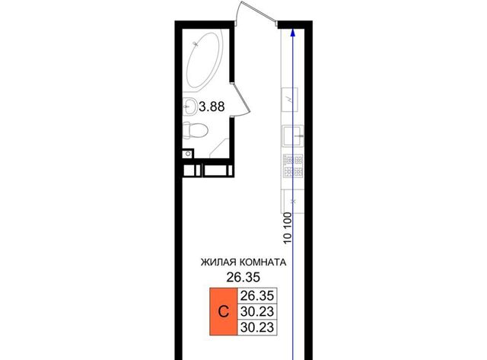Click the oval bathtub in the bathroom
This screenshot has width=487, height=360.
[205, 59]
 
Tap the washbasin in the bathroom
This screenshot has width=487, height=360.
[189, 107]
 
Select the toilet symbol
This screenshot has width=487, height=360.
[195, 130]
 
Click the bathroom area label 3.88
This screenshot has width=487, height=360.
[212, 107]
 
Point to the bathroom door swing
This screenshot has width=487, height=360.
[241, 100]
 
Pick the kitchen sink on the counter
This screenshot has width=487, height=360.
[293, 135]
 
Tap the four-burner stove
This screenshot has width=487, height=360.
[293, 166]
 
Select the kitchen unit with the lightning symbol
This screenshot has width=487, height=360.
[290, 100]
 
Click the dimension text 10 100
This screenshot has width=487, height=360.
[288, 228]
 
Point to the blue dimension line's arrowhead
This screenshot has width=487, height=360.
[292, 33]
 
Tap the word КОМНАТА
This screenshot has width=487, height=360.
[262, 263]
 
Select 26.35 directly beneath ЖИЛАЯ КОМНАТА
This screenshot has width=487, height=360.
[243, 277]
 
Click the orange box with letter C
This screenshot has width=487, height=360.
[224, 311]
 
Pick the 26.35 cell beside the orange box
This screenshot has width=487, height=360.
[257, 296]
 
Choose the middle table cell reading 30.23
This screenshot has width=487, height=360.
[257, 311]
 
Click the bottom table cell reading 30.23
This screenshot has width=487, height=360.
[257, 327]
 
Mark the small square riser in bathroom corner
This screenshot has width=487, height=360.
[187, 154]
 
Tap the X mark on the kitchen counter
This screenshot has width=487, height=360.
[294, 202]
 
